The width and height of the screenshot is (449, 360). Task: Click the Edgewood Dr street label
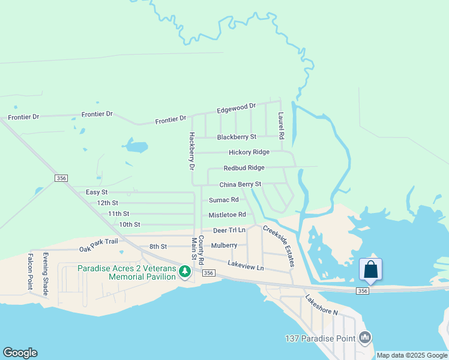point(236,109)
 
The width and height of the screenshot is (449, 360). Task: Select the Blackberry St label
point(237,137)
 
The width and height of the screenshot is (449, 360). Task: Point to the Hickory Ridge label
point(249,152)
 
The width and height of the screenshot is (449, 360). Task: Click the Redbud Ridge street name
point(244,169)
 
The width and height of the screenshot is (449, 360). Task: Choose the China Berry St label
point(240,184)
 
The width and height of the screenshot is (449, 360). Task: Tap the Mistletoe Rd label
point(227,215)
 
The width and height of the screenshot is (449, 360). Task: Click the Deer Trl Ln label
point(229,230)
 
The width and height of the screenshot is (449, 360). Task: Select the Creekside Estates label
point(279,246)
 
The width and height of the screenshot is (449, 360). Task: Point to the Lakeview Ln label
point(246,265)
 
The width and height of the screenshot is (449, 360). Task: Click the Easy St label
point(97,192)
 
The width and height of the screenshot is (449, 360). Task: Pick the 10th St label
point(129,224)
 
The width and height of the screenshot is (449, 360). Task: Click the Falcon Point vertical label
point(29,271)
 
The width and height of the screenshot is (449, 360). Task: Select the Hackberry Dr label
point(191,153)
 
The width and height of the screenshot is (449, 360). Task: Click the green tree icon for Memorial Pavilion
point(185,272)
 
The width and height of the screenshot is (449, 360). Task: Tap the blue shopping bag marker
point(370,269)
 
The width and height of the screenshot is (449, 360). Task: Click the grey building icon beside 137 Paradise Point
point(364,338)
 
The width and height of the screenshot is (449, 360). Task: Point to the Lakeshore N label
point(322,305)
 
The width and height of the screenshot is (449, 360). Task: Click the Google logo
point(20,353)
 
